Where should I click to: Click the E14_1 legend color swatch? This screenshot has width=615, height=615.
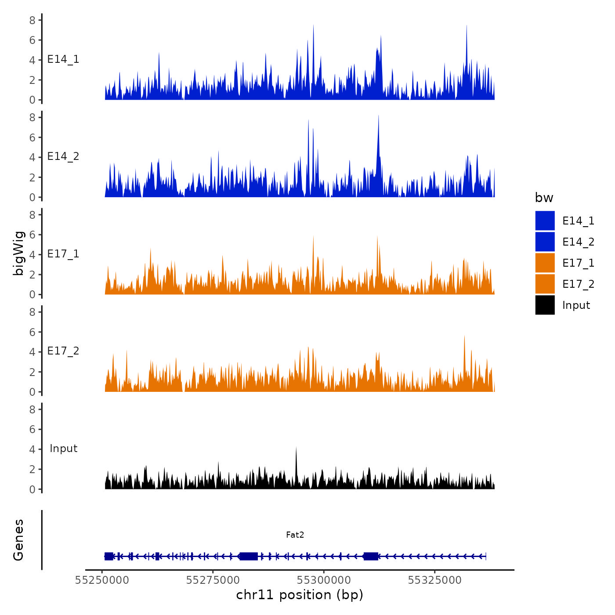tap(545, 221)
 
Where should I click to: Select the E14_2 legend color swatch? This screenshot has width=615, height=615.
tap(545, 242)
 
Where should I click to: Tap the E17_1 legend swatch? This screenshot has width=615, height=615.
tap(545, 263)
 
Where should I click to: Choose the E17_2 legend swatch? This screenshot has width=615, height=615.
tap(545, 284)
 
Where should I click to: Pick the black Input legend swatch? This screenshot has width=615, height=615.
tap(545, 305)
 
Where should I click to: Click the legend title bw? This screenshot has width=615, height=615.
tap(544, 198)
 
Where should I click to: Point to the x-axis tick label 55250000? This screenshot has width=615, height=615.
tap(102, 580)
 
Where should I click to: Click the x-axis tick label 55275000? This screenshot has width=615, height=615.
tap(213, 580)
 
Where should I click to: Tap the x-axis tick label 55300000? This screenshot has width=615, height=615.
tap(324, 580)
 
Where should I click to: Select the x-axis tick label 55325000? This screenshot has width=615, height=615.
tap(435, 580)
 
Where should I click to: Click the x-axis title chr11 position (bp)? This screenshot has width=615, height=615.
tap(300, 595)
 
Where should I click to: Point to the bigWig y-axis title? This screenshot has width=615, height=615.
tap(18, 253)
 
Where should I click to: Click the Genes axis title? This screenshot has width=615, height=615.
tap(18, 540)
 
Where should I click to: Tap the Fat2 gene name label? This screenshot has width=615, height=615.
tap(295, 535)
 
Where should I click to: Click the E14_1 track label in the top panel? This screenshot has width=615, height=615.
tap(63, 59)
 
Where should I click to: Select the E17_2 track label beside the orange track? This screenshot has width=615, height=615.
tap(63, 351)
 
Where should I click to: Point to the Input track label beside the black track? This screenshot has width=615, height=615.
tap(63, 449)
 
